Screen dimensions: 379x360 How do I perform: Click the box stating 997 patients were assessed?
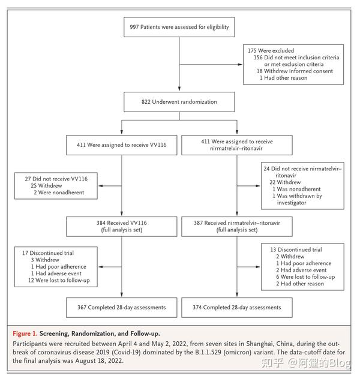point(179,27)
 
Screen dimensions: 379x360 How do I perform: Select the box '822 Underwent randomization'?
point(179,102)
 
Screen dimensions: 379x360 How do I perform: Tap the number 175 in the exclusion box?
point(253,52)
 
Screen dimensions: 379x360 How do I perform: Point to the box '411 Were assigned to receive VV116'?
point(122,145)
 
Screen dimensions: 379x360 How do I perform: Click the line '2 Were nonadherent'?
point(59,192)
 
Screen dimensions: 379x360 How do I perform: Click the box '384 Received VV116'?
point(122,225)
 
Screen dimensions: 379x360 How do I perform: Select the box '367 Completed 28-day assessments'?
point(122,308)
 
